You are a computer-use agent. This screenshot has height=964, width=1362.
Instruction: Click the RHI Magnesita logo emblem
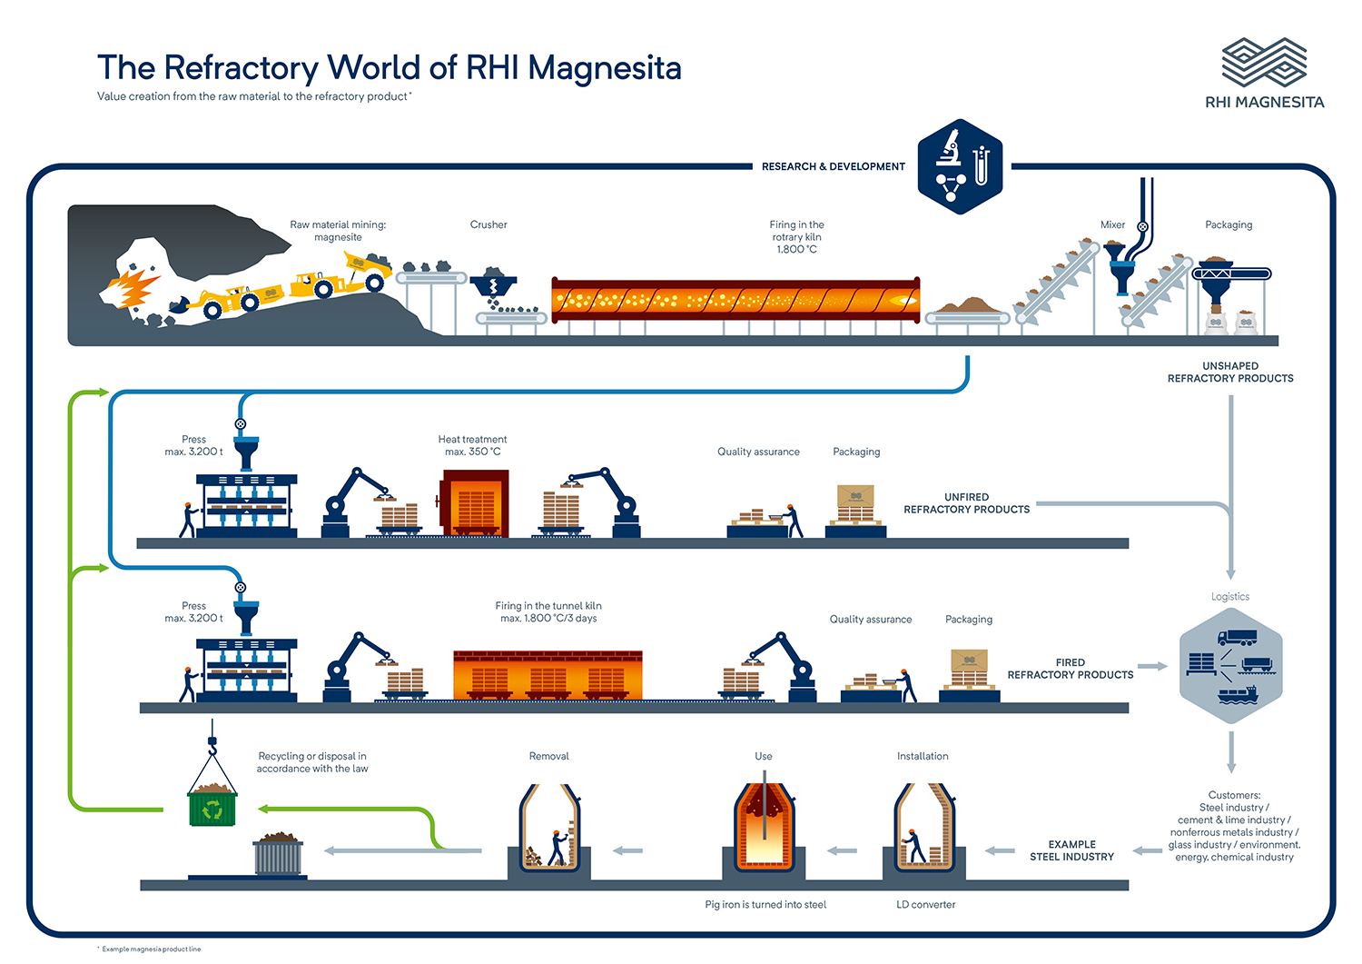1264,63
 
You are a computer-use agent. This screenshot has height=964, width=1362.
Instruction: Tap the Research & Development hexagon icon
960,166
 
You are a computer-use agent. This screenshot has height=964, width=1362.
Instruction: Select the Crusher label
489,224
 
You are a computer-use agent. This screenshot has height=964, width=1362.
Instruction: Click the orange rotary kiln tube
735,300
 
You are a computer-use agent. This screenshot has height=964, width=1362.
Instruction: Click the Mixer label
1112,224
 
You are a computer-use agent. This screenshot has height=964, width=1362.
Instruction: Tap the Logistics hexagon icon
1230,666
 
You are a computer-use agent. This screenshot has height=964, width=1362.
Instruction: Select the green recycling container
212,805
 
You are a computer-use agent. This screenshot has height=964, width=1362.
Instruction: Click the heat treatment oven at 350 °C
475,503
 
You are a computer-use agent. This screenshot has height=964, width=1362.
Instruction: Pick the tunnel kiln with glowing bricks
548,675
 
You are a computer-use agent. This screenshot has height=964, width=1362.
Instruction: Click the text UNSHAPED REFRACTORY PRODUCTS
1230,373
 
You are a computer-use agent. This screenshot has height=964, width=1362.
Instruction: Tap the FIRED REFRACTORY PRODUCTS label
1070,669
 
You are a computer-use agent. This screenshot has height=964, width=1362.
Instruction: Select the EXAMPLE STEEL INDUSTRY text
1071,850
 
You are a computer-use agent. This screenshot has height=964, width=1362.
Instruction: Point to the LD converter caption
925,904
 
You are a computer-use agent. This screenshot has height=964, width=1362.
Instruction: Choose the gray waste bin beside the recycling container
279,854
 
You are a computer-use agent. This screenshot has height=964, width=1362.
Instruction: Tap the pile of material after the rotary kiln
970,305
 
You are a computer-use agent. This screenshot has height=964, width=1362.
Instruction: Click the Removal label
548,756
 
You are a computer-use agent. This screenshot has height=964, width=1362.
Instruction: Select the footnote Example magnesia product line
151,949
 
